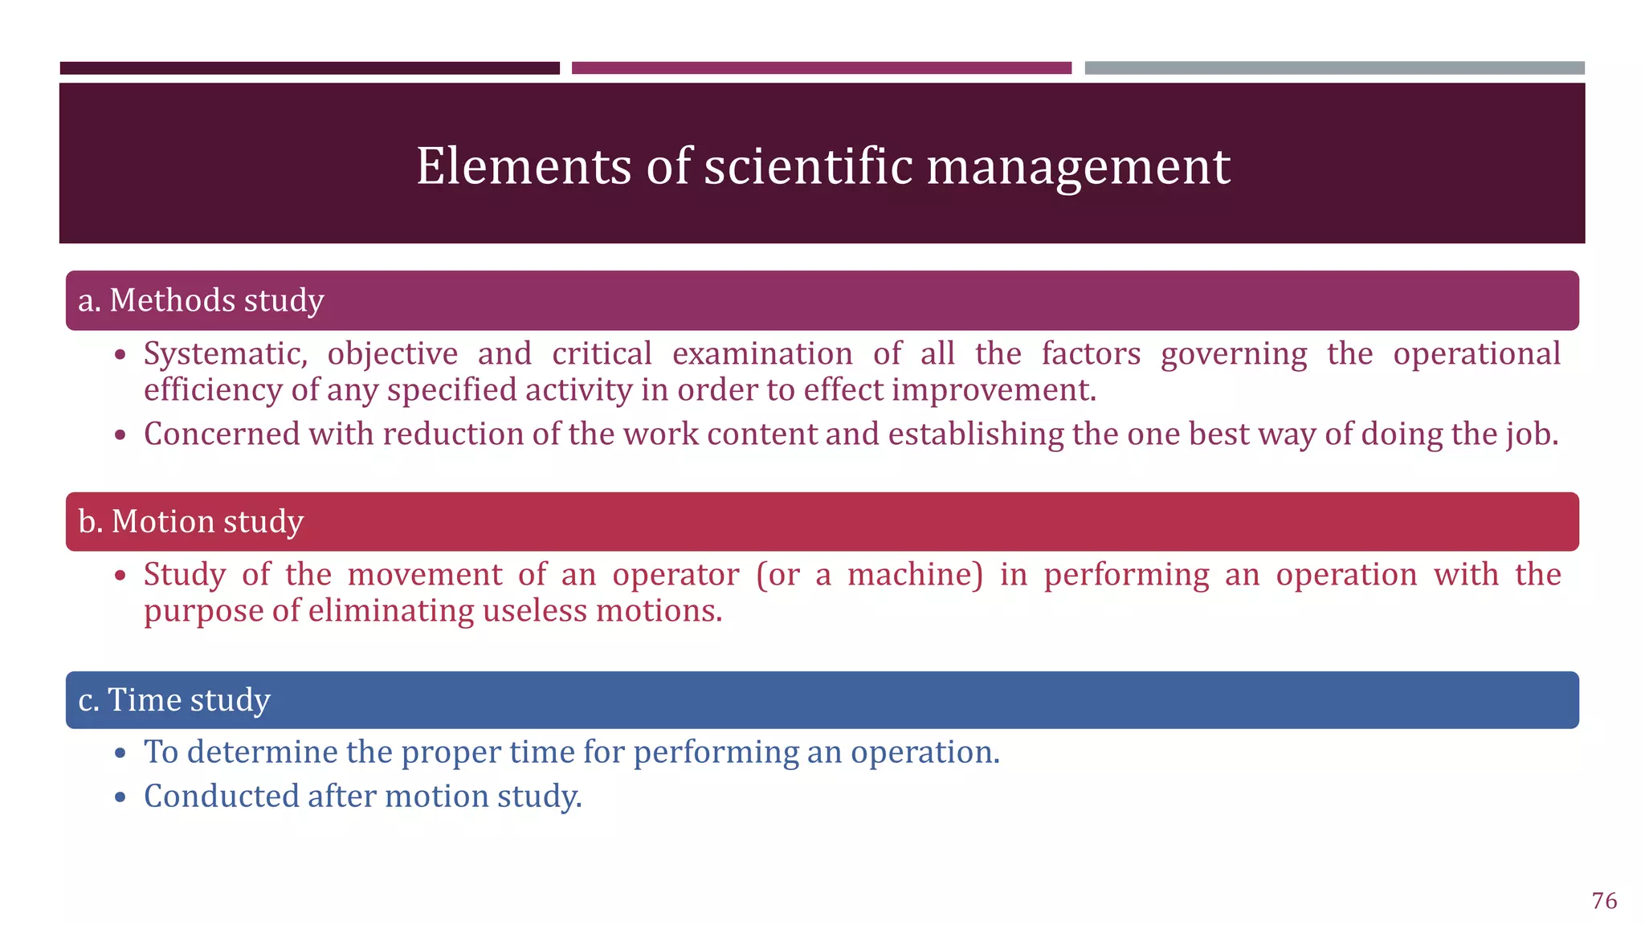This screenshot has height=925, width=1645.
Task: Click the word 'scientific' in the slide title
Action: [808, 166]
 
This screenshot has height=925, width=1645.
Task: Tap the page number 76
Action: [1604, 901]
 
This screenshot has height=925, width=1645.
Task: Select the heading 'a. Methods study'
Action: [201, 300]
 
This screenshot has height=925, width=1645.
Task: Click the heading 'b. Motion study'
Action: [191, 522]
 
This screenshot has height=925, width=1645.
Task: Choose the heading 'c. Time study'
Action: [174, 700]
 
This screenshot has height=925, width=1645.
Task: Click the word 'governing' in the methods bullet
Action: [1234, 355]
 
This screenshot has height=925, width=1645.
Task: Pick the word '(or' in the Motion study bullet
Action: [778, 575]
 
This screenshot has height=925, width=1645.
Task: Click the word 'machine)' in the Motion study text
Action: [915, 575]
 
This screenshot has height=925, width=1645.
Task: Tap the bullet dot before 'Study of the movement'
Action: [120, 576]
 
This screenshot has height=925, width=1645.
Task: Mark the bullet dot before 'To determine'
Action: [120, 753]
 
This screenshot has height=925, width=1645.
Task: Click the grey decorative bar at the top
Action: [1334, 68]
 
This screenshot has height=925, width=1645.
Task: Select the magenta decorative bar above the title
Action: [821, 68]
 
